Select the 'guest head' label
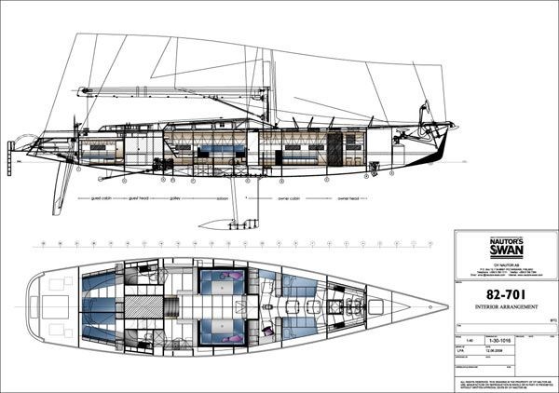(x=140, y=199)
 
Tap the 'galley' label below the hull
(x=174, y=199)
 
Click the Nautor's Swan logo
(x=507, y=247)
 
